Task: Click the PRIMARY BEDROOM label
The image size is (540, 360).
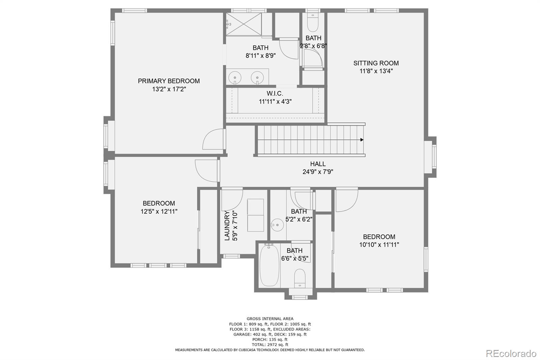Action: click(x=169, y=81)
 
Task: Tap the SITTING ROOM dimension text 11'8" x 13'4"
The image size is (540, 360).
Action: click(x=376, y=71)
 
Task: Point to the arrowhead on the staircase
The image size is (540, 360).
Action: click(x=362, y=139)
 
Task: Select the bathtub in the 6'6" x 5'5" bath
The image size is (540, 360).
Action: click(x=269, y=265)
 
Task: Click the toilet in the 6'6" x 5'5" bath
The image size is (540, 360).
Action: click(x=300, y=278)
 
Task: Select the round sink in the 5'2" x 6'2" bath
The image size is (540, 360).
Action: click(x=277, y=225)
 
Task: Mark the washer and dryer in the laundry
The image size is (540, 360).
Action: click(x=255, y=215)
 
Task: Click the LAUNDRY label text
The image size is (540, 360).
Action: click(x=227, y=226)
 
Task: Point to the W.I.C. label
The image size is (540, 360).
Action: click(x=275, y=94)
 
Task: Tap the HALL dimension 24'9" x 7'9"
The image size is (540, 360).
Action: click(x=318, y=172)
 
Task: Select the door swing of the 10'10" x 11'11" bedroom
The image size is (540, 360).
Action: click(x=346, y=201)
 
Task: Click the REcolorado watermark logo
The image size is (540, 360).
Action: click(x=511, y=353)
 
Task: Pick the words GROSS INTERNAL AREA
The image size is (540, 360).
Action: click(x=270, y=318)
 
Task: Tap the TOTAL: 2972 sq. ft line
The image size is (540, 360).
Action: click(x=270, y=344)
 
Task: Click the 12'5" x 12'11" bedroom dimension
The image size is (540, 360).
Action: click(x=159, y=211)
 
